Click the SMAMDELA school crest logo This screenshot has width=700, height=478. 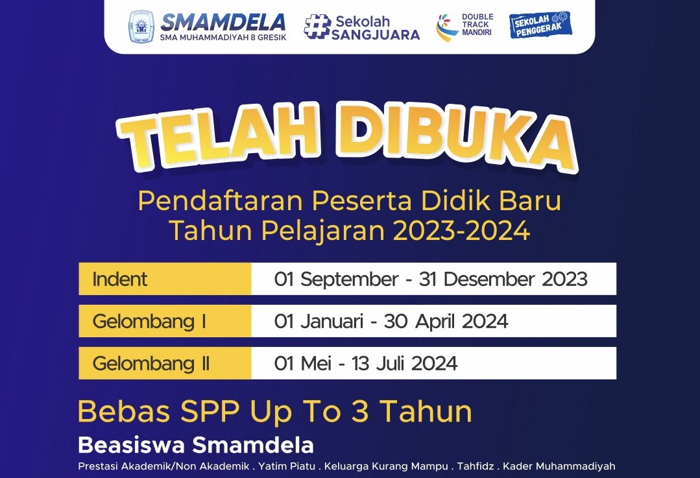click(141, 27)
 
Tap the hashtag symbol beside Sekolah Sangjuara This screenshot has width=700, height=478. click(317, 27)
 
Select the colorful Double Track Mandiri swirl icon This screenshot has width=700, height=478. click(447, 28)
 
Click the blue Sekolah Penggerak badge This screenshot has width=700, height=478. click(539, 25)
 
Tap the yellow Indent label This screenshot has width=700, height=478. click(120, 280)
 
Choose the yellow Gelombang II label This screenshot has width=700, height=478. click(151, 363)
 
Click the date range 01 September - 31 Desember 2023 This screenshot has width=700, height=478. click(431, 280)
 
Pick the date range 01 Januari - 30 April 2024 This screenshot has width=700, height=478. click(391, 321)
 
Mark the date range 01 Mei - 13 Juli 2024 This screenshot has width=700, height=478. click(366, 363)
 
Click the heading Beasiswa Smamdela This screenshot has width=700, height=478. click(196, 446)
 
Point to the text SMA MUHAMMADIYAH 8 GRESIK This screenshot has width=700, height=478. click(223, 37)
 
